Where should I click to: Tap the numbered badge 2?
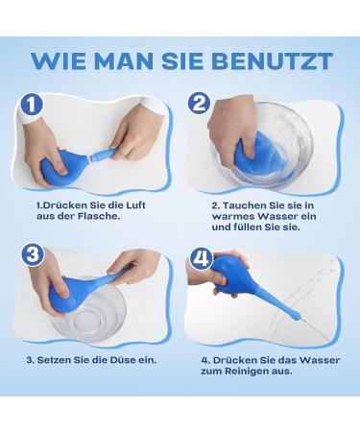200,104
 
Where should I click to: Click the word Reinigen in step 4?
258,372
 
